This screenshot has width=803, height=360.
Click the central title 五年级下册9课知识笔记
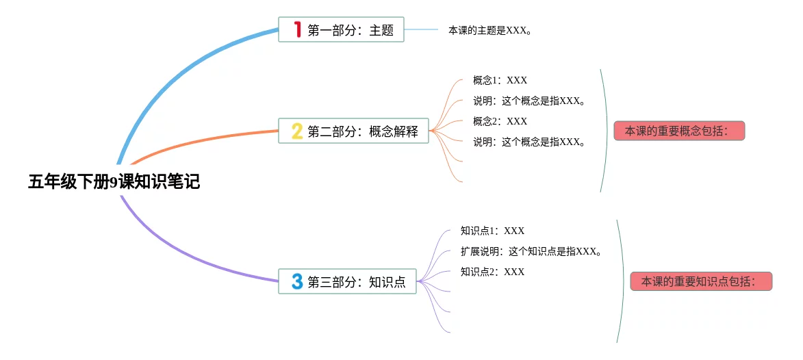click(x=114, y=182)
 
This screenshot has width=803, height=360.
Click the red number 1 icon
click(x=297, y=29)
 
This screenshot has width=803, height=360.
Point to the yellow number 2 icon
click(x=297, y=131)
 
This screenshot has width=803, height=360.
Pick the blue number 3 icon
click(x=297, y=281)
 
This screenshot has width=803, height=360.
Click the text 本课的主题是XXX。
click(x=489, y=30)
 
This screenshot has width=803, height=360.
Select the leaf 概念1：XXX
click(x=500, y=80)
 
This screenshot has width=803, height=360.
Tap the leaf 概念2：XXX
click(x=500, y=121)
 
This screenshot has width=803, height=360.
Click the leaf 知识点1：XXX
click(x=492, y=231)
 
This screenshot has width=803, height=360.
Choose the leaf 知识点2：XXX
click(x=492, y=272)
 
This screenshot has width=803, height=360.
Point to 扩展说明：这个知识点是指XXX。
click(x=531, y=251)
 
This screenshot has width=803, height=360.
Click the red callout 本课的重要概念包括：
click(x=678, y=131)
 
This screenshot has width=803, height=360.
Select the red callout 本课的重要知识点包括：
click(x=700, y=281)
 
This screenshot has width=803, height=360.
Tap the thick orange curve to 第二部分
click(x=205, y=140)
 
